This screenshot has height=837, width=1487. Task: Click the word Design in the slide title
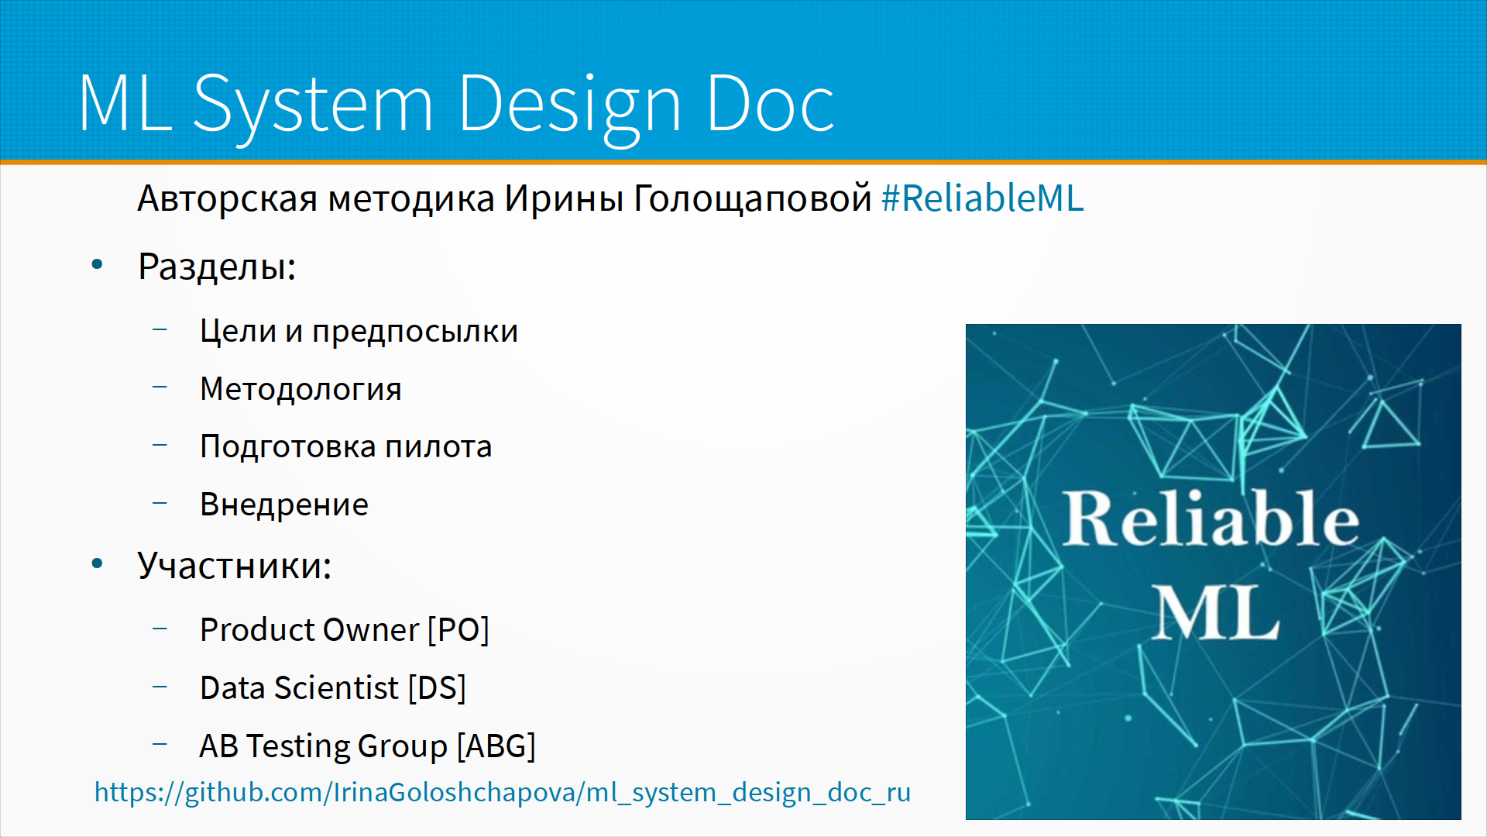coord(568,105)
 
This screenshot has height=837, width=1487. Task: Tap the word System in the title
coord(311,105)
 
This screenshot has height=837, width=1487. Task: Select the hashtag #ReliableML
coord(983,198)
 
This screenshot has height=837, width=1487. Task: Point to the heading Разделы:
coord(217,267)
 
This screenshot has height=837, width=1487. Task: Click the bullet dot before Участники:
coord(97,563)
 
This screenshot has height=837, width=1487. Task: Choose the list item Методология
coord(300,389)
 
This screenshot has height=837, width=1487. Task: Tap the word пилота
coord(438,447)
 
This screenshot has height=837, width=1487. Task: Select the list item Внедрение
coord(284,505)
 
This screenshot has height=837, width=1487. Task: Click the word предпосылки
coord(415,332)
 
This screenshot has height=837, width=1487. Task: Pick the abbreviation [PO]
coord(458,630)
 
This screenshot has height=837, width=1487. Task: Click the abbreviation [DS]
coord(437,688)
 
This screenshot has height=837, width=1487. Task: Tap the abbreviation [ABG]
coord(496,746)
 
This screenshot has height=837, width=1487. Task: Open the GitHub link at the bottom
coord(503,793)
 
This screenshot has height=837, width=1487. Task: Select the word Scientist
coord(336,688)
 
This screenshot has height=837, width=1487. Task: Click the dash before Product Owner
coord(160,629)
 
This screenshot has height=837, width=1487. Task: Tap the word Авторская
coord(228,199)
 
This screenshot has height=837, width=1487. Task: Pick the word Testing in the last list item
coord(297,747)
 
